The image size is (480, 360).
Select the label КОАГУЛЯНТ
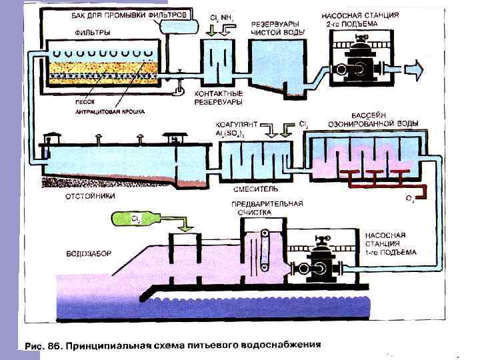coord(234,125)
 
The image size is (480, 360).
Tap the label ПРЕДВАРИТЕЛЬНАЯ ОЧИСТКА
coord(266,208)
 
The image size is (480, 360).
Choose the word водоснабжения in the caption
coord(278,345)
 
